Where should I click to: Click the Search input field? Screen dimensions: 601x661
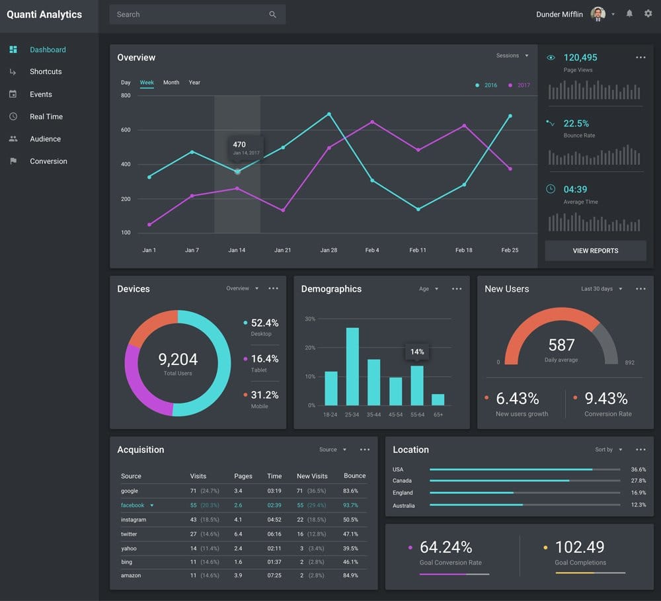[192, 15]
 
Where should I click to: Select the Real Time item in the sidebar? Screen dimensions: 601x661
[46, 116]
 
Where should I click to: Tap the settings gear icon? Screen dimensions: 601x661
[648, 14]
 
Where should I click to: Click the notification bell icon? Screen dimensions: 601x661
[629, 14]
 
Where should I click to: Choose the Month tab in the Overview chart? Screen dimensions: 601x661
[171, 83]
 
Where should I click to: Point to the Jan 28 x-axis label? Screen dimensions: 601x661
[329, 250]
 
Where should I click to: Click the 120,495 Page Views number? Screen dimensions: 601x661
[580, 58]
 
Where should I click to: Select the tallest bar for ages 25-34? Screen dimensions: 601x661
[352, 366]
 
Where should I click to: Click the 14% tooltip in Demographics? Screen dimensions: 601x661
[417, 352]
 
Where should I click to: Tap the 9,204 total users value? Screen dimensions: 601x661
[178, 360]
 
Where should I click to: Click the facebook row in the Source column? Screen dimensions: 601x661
[133, 505]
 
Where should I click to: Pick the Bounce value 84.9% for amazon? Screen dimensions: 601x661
[350, 575]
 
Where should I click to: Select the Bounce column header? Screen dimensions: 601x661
[354, 476]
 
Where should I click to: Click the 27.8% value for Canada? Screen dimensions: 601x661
[638, 481]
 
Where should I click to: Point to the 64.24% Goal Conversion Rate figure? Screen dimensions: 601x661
[446, 547]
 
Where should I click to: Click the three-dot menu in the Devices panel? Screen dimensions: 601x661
[273, 289]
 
